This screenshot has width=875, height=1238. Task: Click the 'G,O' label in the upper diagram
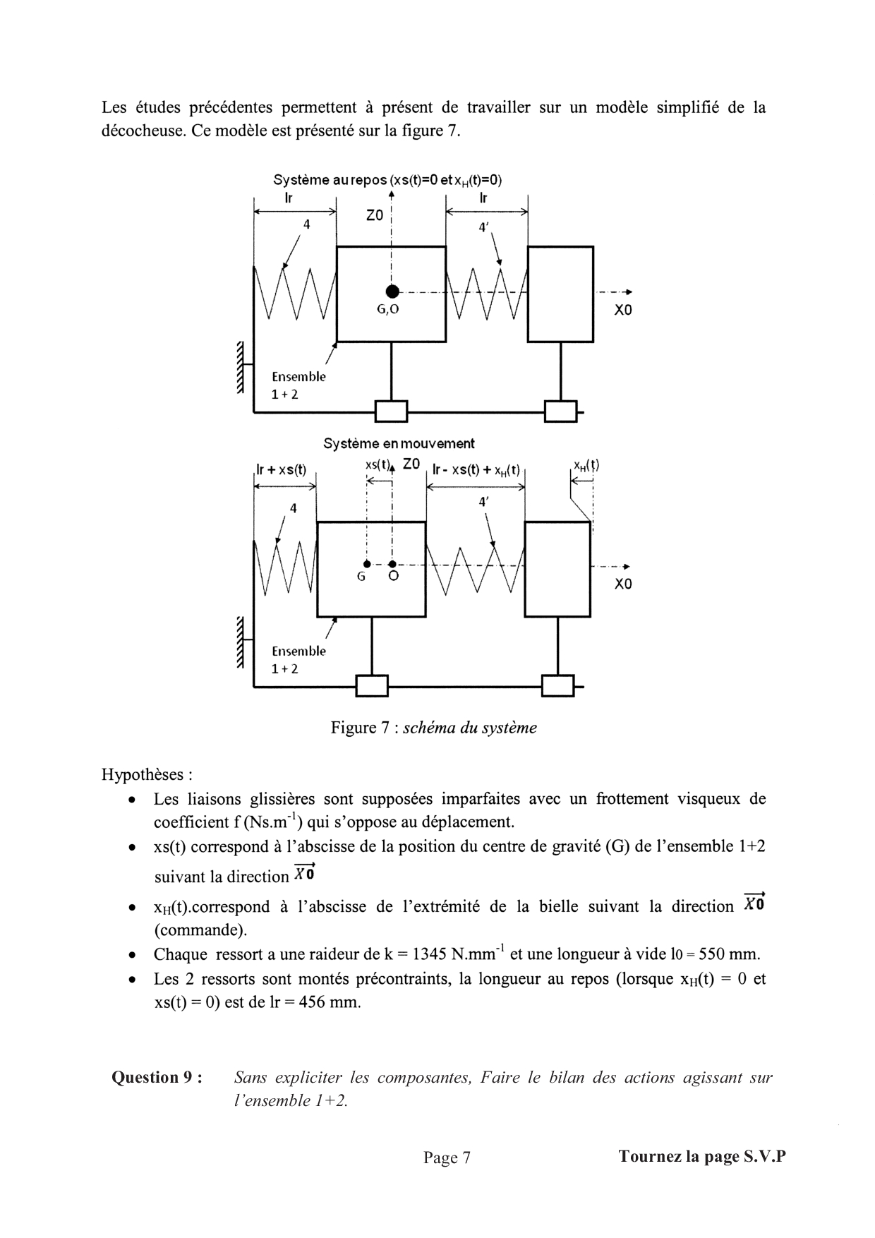[x=388, y=309]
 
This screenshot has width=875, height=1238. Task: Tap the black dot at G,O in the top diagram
[x=392, y=291]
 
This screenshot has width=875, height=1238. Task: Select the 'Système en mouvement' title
[x=399, y=443]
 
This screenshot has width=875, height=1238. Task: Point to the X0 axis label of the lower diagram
[x=623, y=584]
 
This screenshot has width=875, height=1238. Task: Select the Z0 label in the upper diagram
[x=375, y=216]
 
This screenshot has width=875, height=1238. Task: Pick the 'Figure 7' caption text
[x=433, y=728]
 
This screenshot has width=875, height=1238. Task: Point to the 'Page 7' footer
[x=447, y=1158]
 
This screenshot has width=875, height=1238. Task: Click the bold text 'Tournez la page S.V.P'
[x=701, y=1156]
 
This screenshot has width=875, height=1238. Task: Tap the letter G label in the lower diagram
[x=361, y=577]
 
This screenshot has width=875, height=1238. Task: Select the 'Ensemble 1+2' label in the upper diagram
[x=298, y=385]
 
